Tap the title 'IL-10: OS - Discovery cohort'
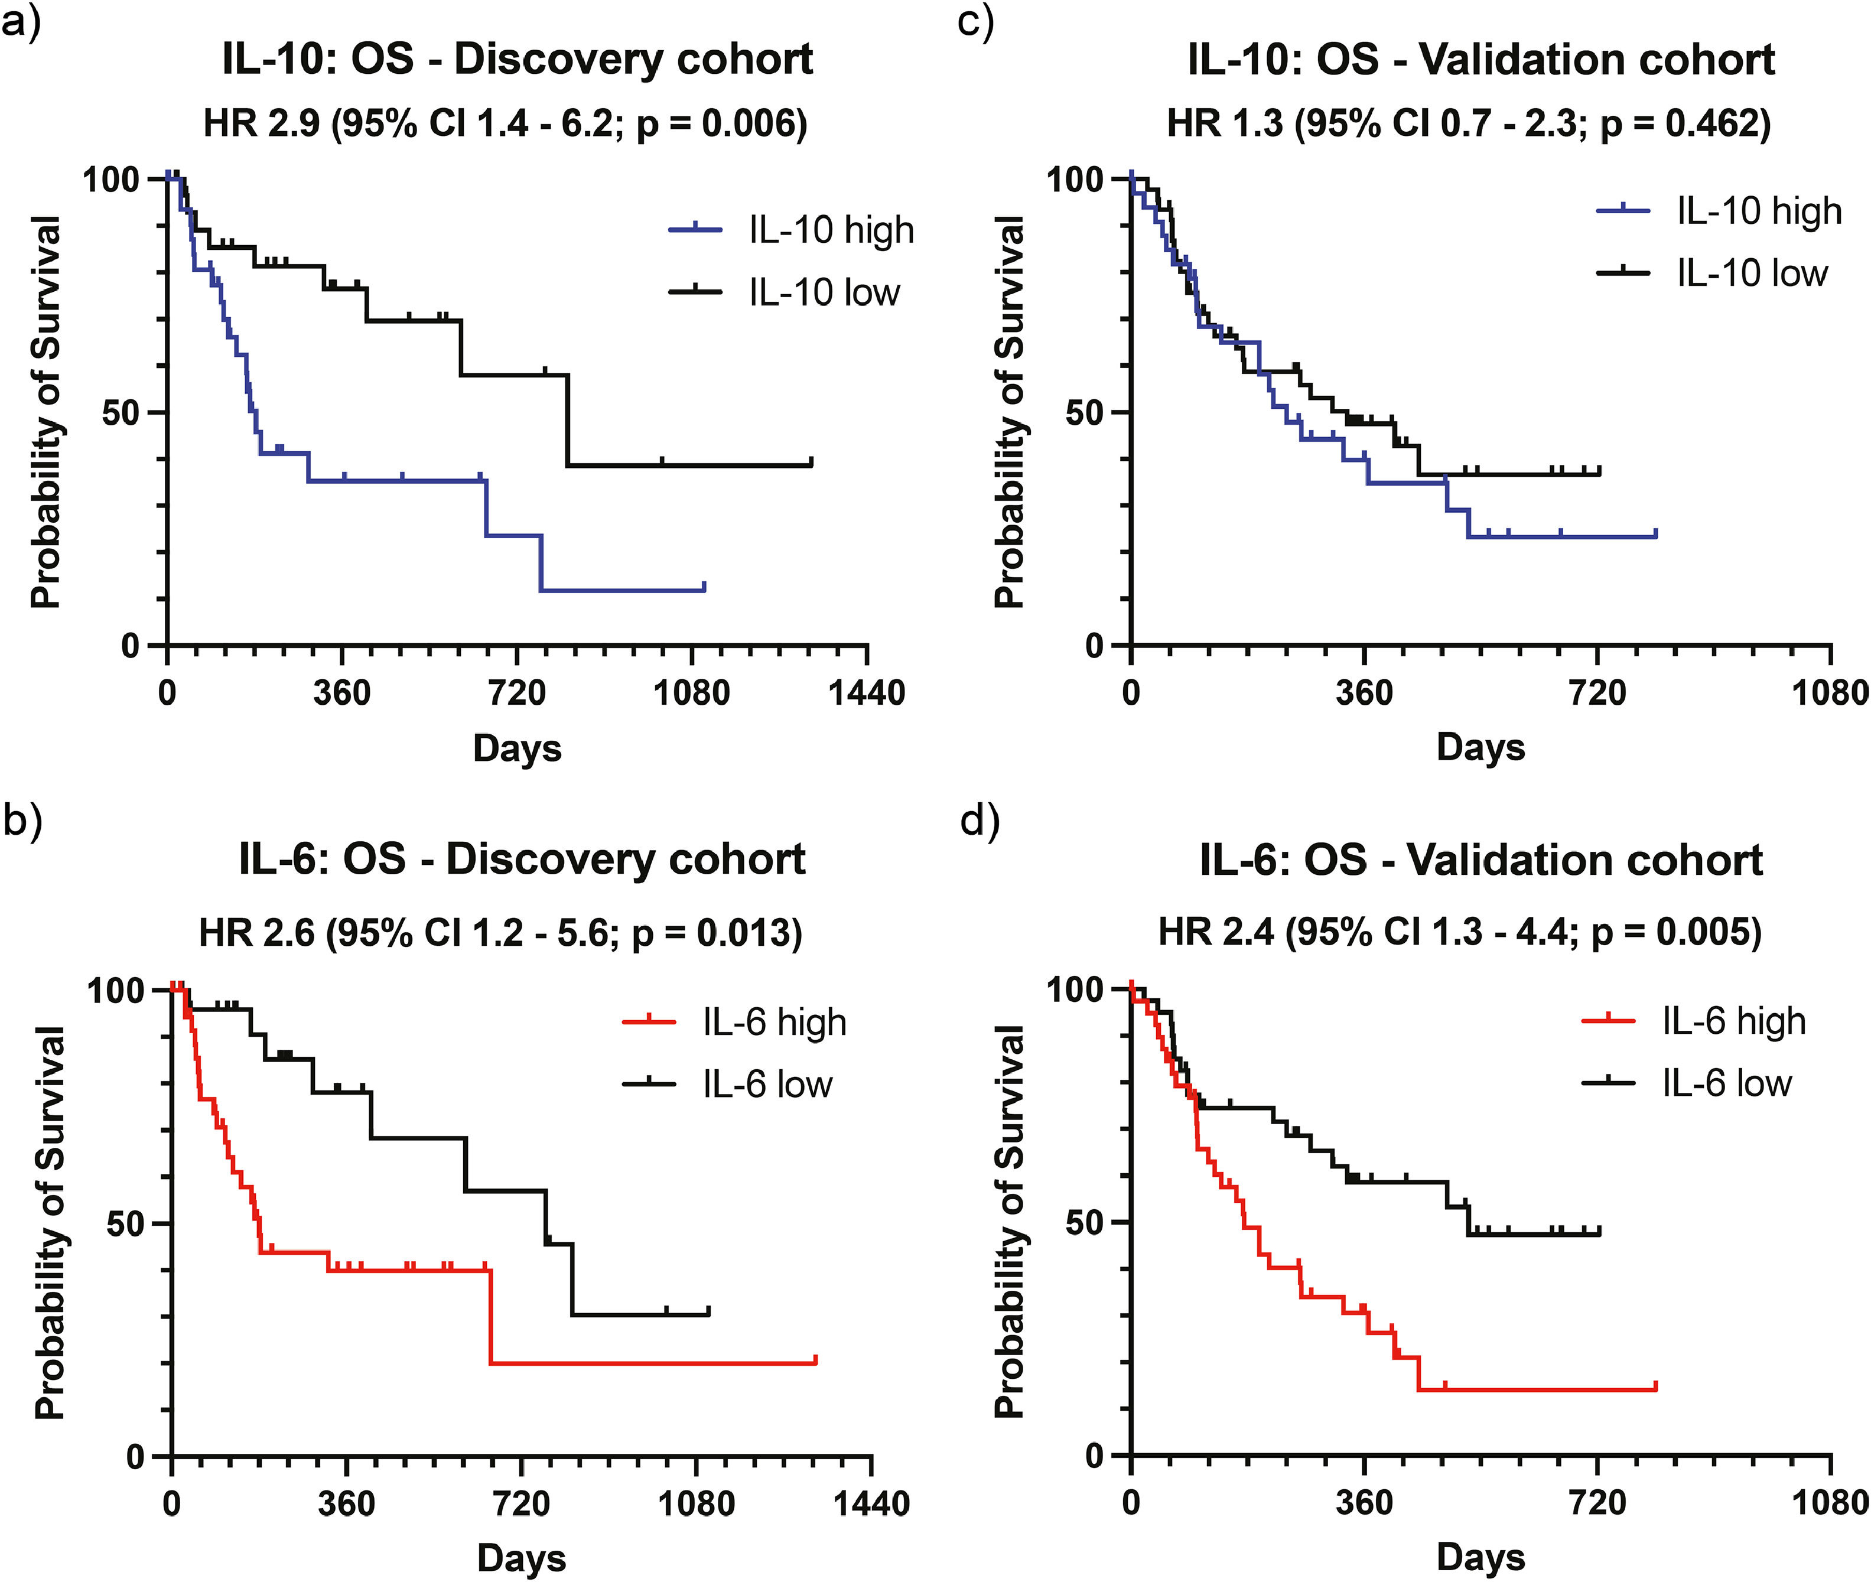518,59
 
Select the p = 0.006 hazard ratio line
505,123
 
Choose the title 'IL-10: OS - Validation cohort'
1481,59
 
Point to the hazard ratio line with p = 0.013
500,933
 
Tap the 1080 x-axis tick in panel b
696,1503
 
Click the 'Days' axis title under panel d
1481,1558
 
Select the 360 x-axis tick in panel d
1364,1503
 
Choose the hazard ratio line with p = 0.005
1459,933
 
